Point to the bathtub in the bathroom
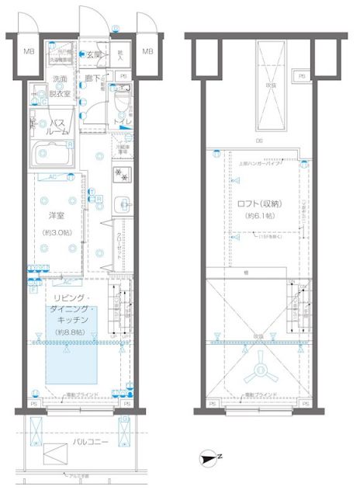click(x=50, y=157)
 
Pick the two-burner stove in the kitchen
click(x=120, y=173)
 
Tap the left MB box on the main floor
click(x=28, y=52)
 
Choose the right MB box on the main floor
click(x=147, y=52)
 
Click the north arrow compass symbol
click(x=206, y=458)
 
